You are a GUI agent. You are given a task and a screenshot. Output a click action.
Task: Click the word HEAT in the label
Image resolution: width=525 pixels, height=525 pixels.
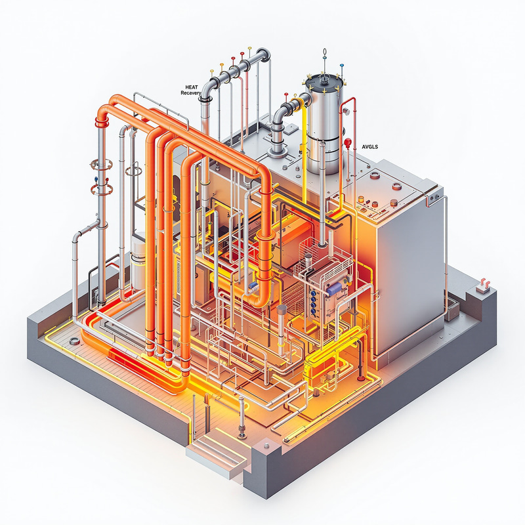tap(190, 87)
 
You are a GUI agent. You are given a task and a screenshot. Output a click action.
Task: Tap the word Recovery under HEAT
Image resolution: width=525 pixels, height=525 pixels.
tap(191, 93)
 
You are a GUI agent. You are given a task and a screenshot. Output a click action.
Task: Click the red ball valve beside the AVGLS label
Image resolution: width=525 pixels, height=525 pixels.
tap(348, 141)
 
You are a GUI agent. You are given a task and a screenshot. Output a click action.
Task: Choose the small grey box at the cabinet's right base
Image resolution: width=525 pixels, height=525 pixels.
tap(451, 313)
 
